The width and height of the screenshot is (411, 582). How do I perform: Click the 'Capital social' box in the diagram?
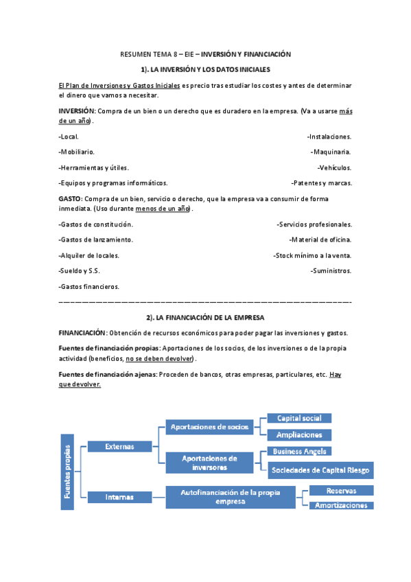point(298,418)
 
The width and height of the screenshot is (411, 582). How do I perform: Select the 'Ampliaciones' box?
point(298,435)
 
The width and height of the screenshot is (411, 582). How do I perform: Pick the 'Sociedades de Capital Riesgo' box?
point(320,470)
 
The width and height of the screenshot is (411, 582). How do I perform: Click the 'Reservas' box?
point(341,491)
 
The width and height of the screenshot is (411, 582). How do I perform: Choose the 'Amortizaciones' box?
point(341,506)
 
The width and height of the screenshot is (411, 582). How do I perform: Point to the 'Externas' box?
point(119,447)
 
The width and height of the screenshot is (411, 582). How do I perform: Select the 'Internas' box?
point(119,496)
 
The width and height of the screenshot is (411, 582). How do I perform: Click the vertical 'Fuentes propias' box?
point(67,474)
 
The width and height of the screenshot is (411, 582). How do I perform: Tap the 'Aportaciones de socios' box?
point(209,427)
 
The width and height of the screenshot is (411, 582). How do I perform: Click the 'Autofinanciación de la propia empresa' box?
point(231,497)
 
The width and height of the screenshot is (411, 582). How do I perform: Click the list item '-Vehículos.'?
point(334,167)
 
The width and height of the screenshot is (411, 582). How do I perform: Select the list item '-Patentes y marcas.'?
point(322,183)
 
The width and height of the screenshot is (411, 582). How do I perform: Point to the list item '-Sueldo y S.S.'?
point(80,271)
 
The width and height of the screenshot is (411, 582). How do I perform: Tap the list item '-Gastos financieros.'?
point(89,287)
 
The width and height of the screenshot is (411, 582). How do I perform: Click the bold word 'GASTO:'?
point(71,199)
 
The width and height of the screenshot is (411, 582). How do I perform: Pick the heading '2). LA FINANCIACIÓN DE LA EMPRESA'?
point(205,318)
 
